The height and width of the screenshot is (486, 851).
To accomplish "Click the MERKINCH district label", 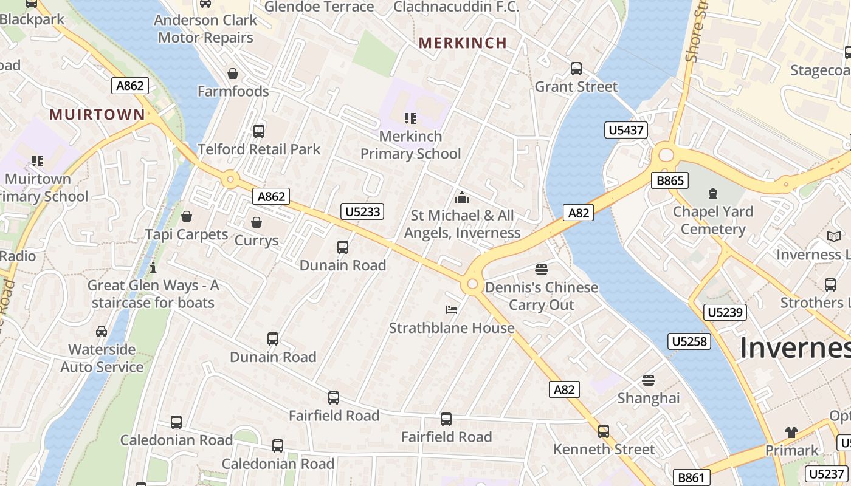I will (463, 43).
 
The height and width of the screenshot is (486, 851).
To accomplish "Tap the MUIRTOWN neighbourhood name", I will (97, 115).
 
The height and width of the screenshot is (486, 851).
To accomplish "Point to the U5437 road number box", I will (626, 130).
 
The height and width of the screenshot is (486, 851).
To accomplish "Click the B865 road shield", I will (670, 180).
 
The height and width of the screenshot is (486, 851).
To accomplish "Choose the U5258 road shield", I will (689, 341).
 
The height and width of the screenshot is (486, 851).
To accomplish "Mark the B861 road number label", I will (691, 477).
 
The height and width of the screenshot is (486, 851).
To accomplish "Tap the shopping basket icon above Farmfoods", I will (232, 74).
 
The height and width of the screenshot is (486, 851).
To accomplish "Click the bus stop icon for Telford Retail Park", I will (259, 131).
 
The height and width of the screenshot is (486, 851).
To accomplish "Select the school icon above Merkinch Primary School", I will (410, 118).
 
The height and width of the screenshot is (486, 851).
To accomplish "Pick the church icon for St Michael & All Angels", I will (462, 197).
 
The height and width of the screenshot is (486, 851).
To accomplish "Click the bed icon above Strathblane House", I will (452, 310).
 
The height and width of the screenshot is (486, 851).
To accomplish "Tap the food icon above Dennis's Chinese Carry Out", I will (542, 269).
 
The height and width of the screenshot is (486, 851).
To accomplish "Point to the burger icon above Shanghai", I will (649, 380).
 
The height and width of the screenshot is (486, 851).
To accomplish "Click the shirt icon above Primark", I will (791, 432).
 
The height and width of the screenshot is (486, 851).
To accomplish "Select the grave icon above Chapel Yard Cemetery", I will (712, 194).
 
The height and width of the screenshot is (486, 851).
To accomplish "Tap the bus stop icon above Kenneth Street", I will (604, 431).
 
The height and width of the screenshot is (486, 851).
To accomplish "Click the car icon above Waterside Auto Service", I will (102, 332).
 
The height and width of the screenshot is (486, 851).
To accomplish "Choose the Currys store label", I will (257, 241).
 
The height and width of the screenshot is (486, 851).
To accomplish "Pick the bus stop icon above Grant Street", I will (576, 69).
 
